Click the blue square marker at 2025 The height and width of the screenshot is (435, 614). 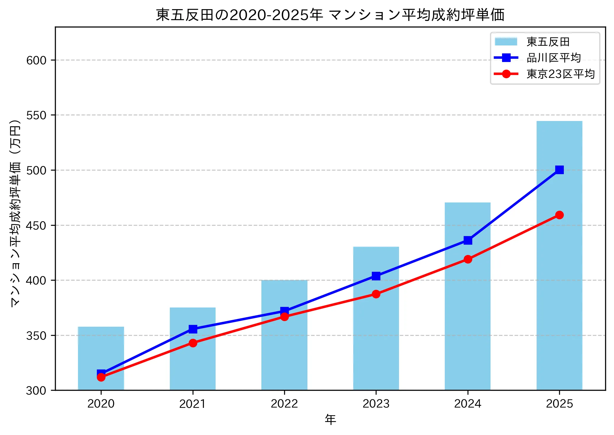tap(559, 170)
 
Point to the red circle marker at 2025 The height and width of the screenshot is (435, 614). tap(559, 215)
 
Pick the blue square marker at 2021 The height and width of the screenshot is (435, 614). tap(193, 329)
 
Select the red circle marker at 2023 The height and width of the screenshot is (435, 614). tap(376, 294)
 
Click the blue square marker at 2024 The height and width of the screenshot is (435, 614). tap(468, 240)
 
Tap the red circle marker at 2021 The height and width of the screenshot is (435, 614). tap(193, 343)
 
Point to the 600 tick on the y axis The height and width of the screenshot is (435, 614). tap(36, 60)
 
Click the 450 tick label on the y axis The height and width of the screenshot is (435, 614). tap(36, 226)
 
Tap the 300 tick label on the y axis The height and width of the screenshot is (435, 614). tap(36, 391)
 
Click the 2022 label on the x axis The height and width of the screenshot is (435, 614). tap(284, 404)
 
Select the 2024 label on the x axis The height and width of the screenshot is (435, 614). tap(468, 404)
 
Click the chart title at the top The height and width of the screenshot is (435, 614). tap(330, 15)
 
